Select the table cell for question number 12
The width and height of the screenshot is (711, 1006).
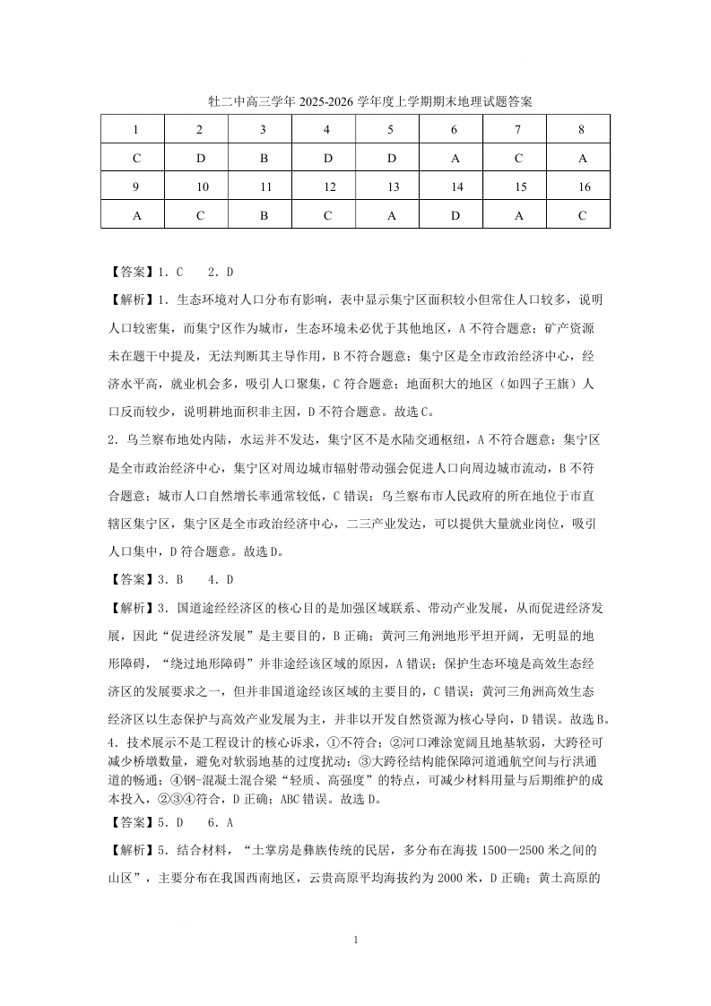coord(327,187)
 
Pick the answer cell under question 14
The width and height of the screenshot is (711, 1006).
coord(455,216)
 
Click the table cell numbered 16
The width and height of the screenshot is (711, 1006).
coord(582,187)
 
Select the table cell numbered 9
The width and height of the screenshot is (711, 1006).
coord(136,187)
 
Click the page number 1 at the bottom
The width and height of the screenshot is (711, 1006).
coord(357,940)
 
